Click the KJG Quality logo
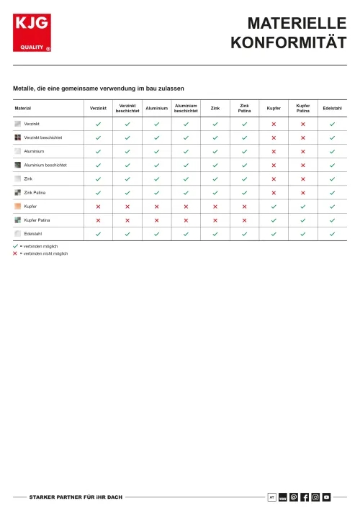pyautogui.click(x=32, y=33)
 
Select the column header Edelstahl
pyautogui.click(x=332, y=109)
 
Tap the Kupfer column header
pyautogui.click(x=274, y=109)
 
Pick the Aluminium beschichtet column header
pyautogui.click(x=186, y=109)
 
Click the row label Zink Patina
pyautogui.click(x=35, y=193)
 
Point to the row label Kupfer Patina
pyautogui.click(x=37, y=220)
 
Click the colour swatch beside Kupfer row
pyautogui.click(x=18, y=207)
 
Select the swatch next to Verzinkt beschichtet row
pyautogui.click(x=18, y=137)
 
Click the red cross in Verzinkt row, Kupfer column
pyautogui.click(x=274, y=125)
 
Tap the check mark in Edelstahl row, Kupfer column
pyautogui.click(x=274, y=234)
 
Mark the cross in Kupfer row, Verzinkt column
pyautogui.click(x=98, y=207)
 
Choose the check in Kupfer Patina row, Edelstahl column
pyautogui.click(x=332, y=220)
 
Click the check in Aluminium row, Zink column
pyautogui.click(x=215, y=152)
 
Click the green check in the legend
pyautogui.click(x=15, y=246)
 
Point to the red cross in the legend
pyautogui.click(x=15, y=253)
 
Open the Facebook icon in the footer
pyautogui.click(x=305, y=497)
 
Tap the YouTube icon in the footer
pyautogui.click(x=326, y=497)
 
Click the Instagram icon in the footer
pyautogui.click(x=315, y=497)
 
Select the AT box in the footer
pyautogui.click(x=271, y=497)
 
